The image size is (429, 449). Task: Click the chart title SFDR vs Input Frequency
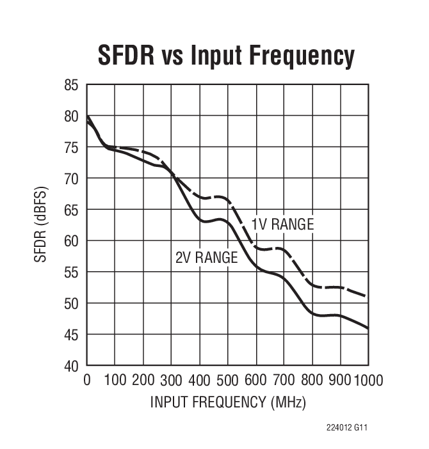click(x=225, y=56)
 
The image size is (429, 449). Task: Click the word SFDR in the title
click(x=126, y=56)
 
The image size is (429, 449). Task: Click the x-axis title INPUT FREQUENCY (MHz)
click(x=228, y=402)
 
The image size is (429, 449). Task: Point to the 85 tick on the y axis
click(x=71, y=85)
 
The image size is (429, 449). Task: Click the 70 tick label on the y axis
click(x=71, y=178)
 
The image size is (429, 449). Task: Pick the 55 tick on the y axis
click(x=71, y=272)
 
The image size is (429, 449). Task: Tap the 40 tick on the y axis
click(x=71, y=366)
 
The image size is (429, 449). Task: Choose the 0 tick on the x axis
click(x=87, y=381)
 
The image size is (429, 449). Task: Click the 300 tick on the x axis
click(x=171, y=381)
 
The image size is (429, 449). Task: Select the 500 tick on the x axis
click(x=227, y=381)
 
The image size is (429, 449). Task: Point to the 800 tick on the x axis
click(x=312, y=381)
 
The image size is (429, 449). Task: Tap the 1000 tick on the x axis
click(x=368, y=381)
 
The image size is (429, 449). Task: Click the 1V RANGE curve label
click(x=282, y=224)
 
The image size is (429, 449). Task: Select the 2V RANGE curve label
click(x=206, y=258)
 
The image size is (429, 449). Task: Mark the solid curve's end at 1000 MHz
click(x=368, y=328)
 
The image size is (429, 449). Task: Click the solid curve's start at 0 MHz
click(x=87, y=116)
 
